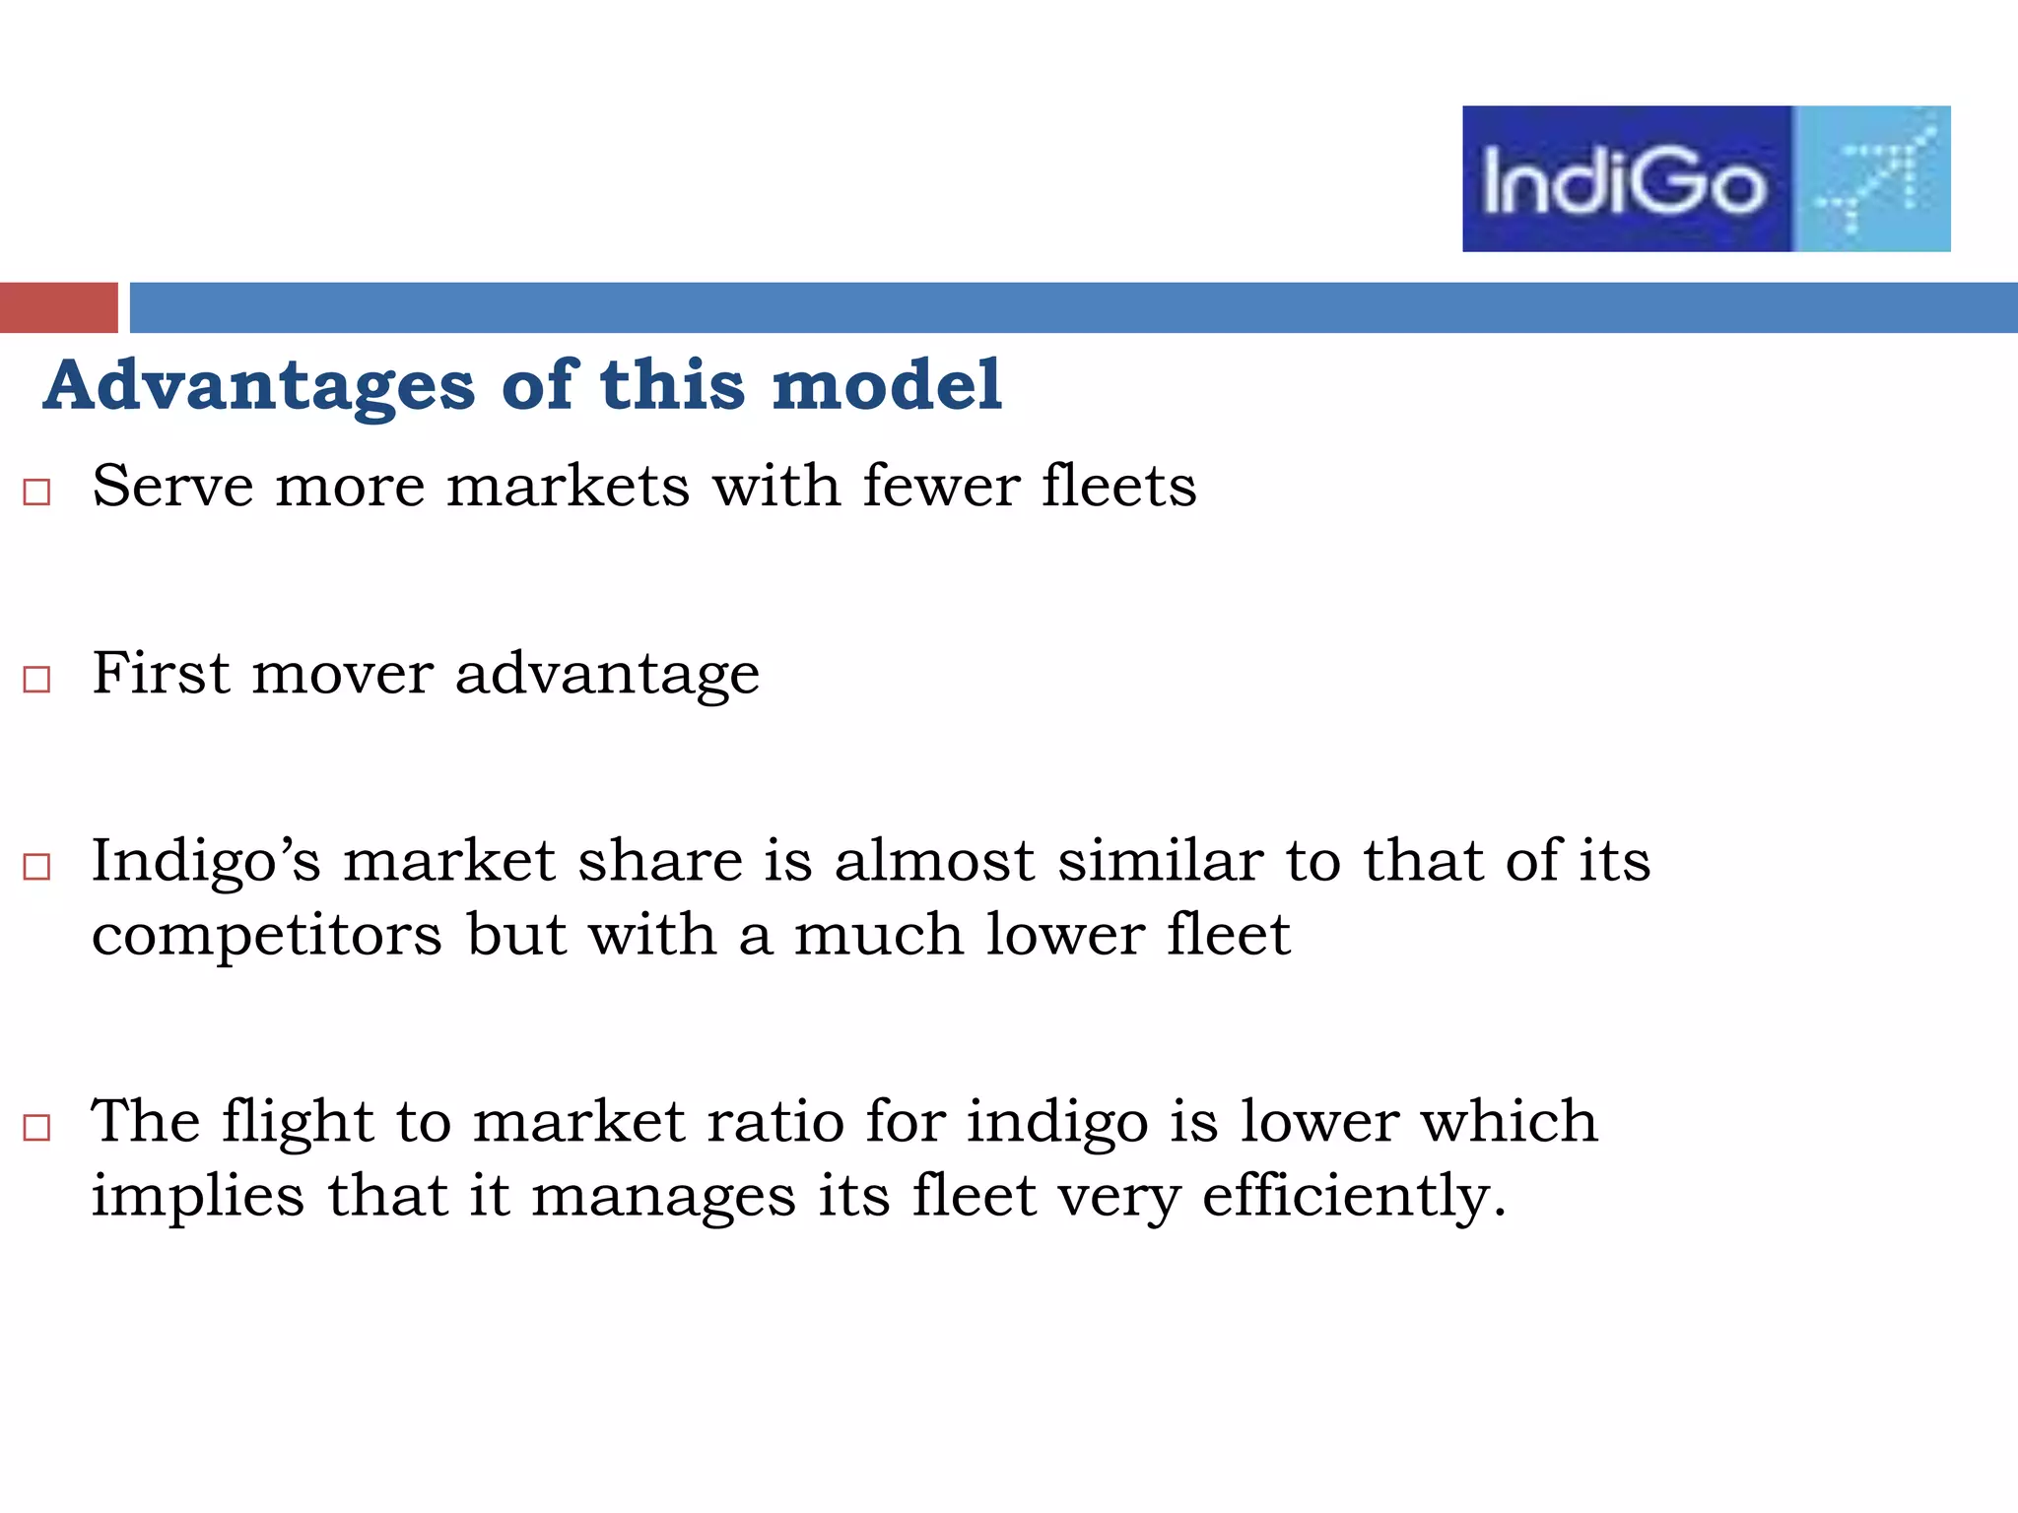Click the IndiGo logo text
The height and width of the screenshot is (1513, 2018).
[x=1624, y=180]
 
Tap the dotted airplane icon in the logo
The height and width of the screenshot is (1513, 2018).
[x=1872, y=177]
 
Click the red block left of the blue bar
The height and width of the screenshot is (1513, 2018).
[x=58, y=307]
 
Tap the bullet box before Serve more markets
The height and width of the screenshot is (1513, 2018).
[x=36, y=492]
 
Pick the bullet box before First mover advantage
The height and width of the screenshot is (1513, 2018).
[x=36, y=679]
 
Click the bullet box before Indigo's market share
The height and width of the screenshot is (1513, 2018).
[x=36, y=866]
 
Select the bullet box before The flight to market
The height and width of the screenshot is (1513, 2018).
[x=36, y=1127]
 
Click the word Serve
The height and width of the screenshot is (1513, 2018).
[x=172, y=486]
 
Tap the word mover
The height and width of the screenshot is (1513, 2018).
[x=343, y=674]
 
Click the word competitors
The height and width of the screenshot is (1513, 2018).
[x=267, y=936]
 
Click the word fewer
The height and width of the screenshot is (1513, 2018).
[x=941, y=486]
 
